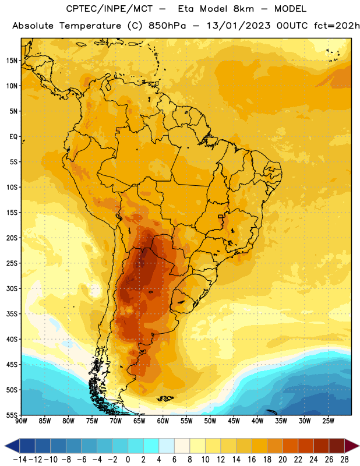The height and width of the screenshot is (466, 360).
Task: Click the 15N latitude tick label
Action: click(12, 61)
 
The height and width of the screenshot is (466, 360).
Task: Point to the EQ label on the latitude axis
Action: click(13, 137)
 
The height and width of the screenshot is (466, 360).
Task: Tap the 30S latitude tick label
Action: click(12, 288)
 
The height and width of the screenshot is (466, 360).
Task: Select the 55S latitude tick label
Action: click(12, 415)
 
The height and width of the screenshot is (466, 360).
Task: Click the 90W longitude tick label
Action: click(21, 421)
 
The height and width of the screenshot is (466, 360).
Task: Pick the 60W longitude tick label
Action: click(163, 421)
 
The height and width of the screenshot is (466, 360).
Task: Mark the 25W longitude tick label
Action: click(328, 421)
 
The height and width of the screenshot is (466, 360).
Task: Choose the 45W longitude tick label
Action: click(234, 421)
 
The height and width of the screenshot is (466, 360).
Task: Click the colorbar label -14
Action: click(20, 460)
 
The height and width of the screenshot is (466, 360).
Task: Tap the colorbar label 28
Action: click(344, 460)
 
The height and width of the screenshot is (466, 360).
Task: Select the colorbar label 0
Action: click(128, 460)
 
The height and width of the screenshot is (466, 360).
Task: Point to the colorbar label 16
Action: click(252, 460)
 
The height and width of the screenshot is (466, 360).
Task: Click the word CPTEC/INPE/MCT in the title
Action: click(109, 9)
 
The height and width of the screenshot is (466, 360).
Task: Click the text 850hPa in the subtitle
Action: click(167, 26)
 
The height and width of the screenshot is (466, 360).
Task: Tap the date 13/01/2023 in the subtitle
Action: click(238, 26)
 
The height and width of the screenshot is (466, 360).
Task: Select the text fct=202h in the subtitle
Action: click(337, 26)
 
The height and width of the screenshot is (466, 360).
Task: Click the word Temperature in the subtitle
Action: click(90, 26)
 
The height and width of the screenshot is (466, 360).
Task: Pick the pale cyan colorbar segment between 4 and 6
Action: click(167, 446)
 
